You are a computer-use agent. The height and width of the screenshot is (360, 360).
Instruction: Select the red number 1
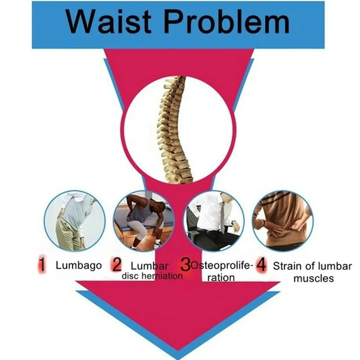click(x=41, y=265)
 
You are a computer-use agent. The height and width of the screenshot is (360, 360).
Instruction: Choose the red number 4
click(x=261, y=265)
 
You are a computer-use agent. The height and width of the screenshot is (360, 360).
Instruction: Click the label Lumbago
click(x=78, y=265)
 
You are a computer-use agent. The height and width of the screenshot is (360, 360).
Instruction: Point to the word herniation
click(x=163, y=276)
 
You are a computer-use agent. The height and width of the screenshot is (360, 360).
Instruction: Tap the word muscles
click(x=314, y=278)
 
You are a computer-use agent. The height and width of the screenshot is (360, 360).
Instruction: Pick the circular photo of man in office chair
click(x=215, y=220)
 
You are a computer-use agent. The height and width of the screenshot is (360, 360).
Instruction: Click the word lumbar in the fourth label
click(x=334, y=265)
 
